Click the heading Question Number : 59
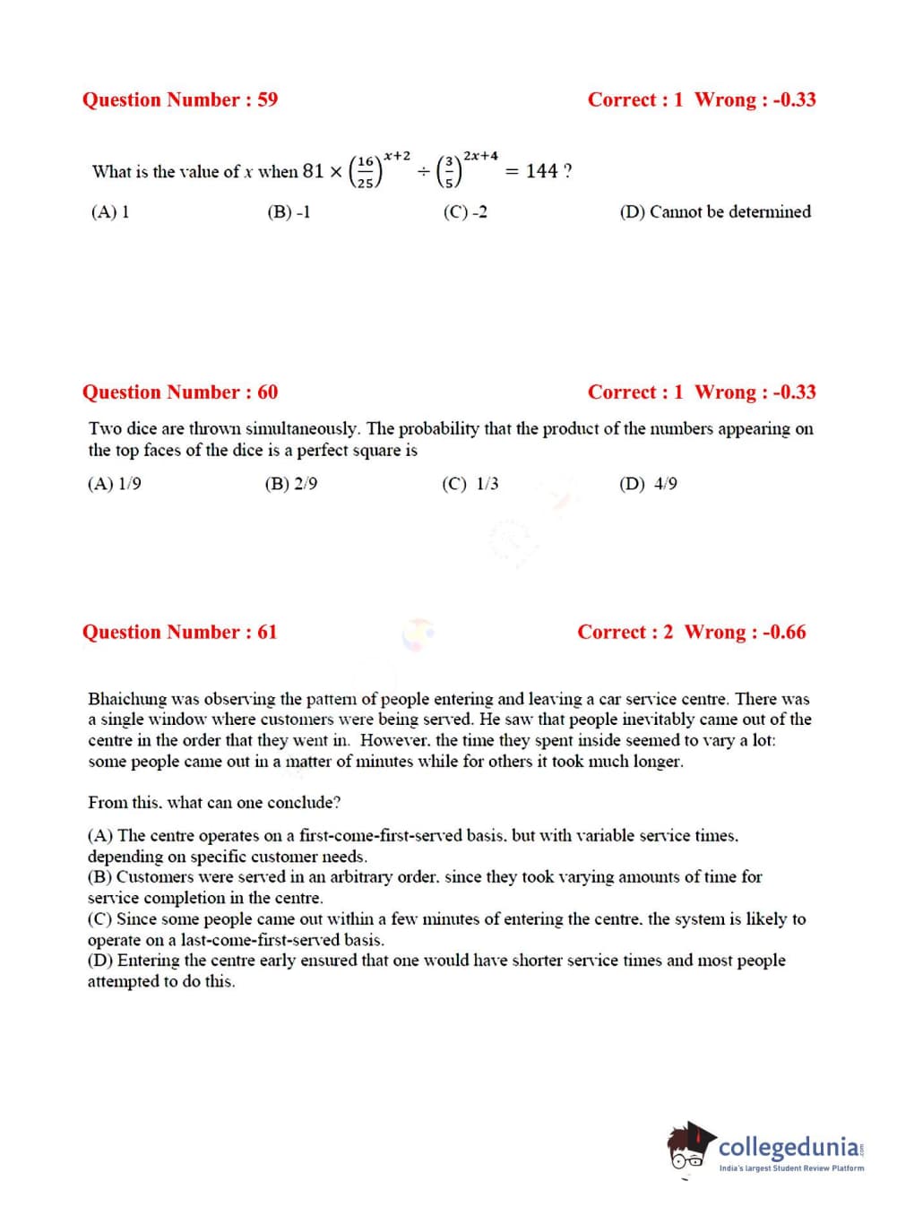(x=179, y=99)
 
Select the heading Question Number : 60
(x=179, y=392)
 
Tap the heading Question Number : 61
(x=179, y=632)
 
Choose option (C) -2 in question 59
(x=465, y=212)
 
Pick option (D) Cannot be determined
(x=714, y=212)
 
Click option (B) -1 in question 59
(x=289, y=212)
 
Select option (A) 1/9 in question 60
(x=114, y=484)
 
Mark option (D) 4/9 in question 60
(x=648, y=484)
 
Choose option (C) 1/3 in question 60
(x=470, y=484)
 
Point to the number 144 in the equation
(x=541, y=170)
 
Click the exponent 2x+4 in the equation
(x=480, y=156)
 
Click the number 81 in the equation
(x=313, y=170)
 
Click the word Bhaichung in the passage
(x=127, y=698)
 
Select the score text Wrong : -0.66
(x=745, y=632)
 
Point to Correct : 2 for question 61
(x=625, y=632)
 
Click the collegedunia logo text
(x=789, y=1147)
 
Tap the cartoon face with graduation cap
(x=690, y=1147)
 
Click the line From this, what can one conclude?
(x=214, y=802)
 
